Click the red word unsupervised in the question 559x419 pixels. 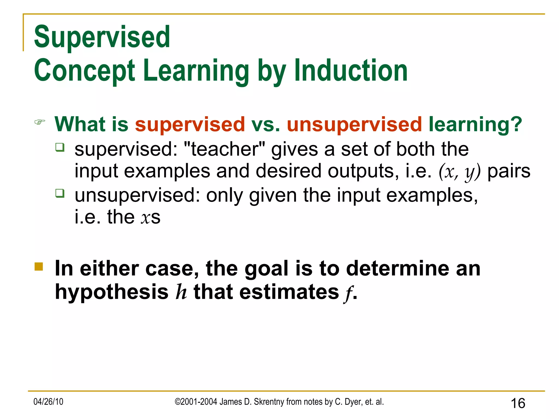(354, 124)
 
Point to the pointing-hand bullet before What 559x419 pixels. (40, 122)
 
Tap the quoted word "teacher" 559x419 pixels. (224, 149)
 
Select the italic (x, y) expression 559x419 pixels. (460, 172)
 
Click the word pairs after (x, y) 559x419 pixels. (509, 171)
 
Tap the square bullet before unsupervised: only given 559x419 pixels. (60, 193)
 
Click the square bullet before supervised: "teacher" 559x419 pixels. (60, 147)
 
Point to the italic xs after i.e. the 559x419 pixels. (150, 217)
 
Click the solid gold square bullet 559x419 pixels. (39, 267)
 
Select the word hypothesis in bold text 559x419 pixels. (112, 292)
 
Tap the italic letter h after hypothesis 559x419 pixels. (181, 292)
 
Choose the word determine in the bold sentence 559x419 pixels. (397, 268)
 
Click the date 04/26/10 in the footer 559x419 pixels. (48, 402)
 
